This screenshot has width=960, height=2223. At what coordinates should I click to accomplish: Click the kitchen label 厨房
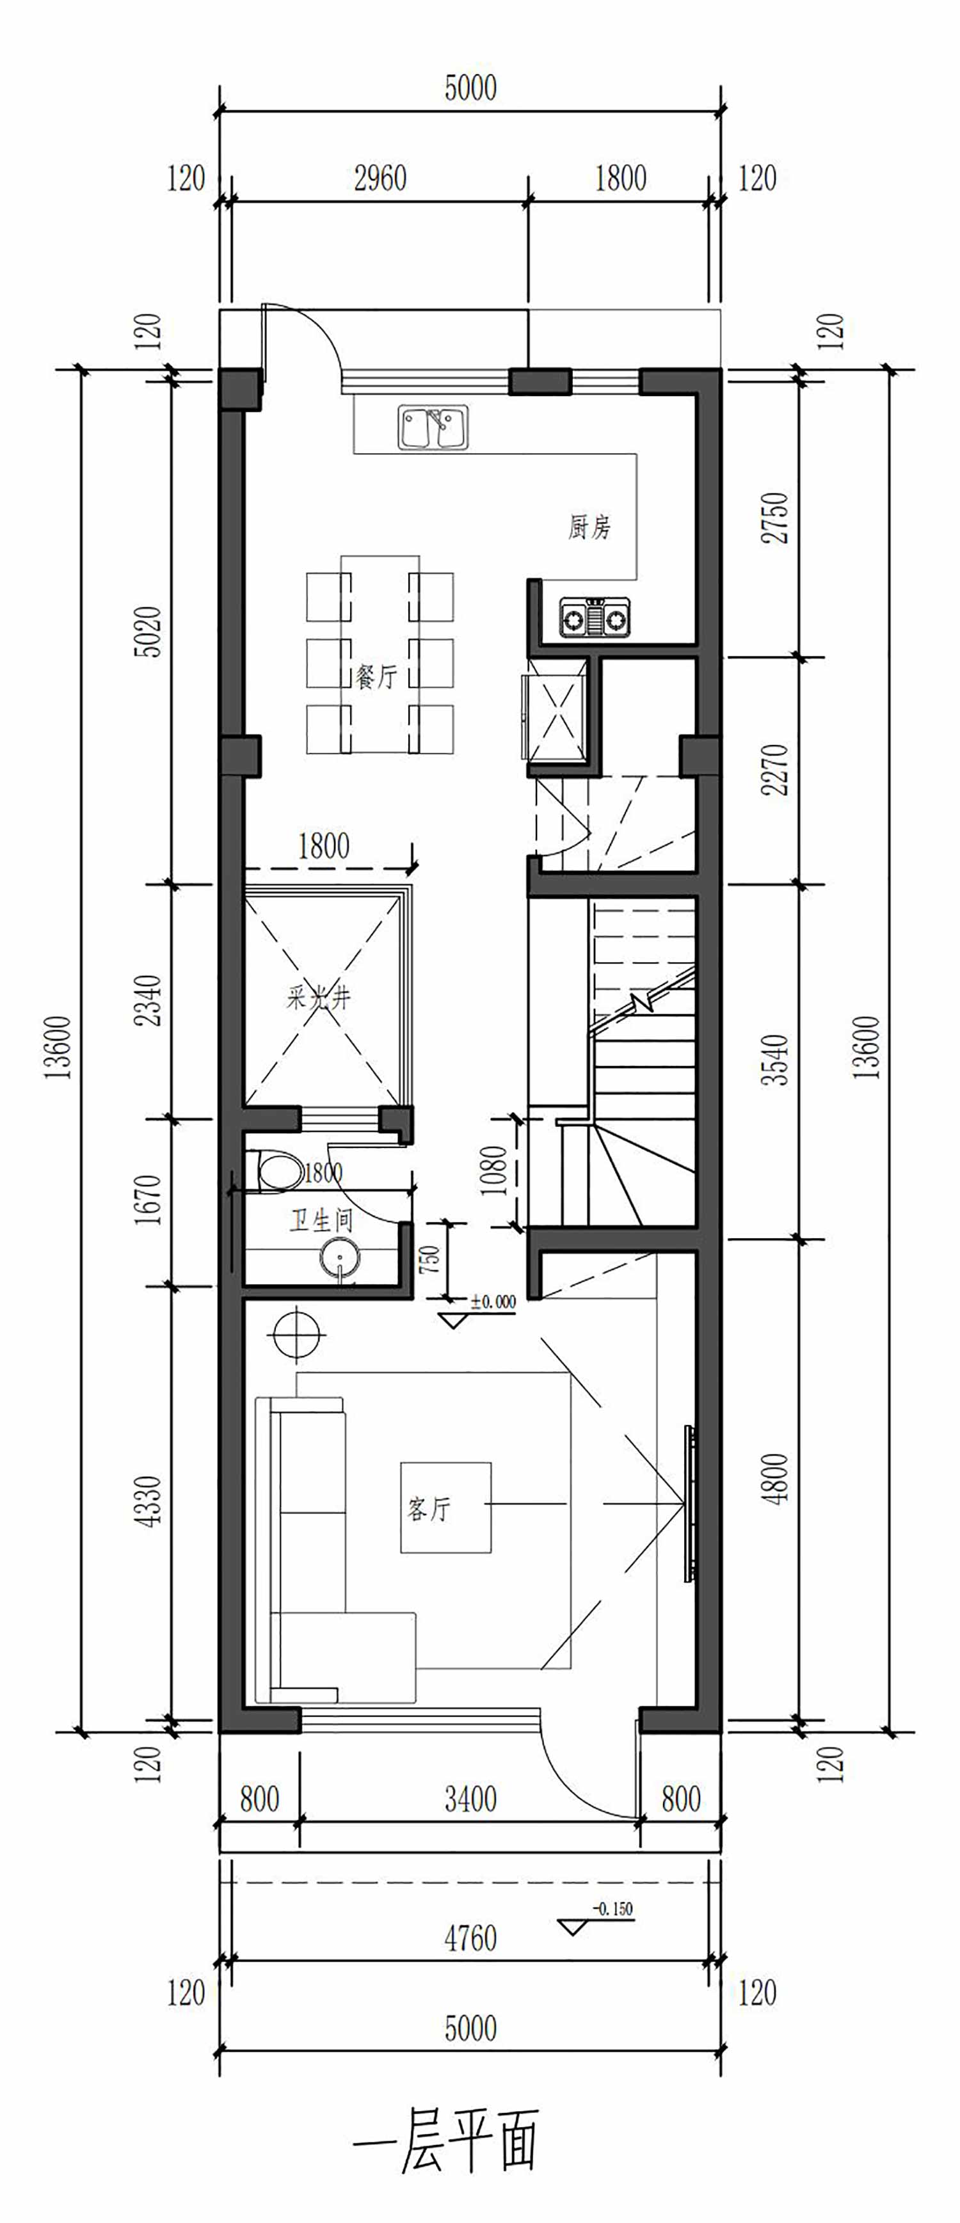(589, 527)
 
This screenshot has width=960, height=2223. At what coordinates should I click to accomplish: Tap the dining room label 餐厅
(376, 676)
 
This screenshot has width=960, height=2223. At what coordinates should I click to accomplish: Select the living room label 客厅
(429, 1508)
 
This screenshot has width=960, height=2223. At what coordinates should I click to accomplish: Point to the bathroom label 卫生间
(321, 1220)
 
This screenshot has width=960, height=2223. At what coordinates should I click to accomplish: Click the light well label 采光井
(319, 998)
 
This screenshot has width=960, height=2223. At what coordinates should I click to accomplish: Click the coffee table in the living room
(445, 1508)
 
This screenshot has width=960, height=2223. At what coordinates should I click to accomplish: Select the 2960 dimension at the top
(381, 179)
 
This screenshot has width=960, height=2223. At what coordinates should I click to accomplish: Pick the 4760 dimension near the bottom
(470, 1938)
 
